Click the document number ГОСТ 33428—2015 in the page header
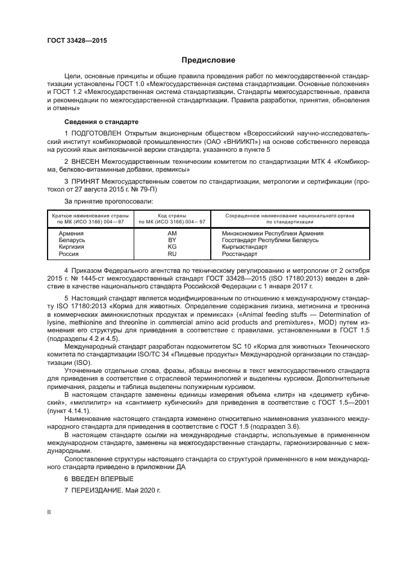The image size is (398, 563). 72,41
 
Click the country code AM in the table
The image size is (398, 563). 172,233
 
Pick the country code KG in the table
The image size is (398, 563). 172,247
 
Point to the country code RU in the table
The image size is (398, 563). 172,254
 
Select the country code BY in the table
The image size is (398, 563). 172,240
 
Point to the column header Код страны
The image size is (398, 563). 172,215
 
